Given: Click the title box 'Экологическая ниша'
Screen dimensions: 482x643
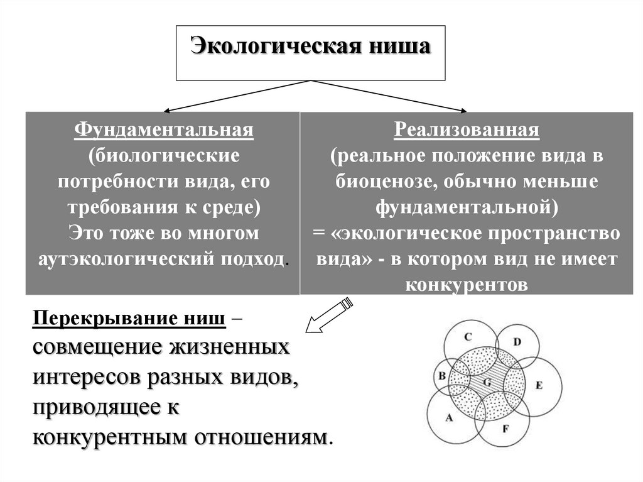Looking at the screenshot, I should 311,53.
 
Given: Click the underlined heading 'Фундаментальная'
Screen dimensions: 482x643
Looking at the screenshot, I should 164,130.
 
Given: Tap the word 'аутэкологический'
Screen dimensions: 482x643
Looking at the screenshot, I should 126,260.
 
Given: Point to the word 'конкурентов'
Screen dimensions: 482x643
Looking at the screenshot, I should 466,285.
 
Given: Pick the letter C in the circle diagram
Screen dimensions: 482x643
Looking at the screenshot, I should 468,337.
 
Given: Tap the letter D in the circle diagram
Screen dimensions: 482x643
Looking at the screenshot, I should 517,342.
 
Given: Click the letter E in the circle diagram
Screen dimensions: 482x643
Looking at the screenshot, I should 538,385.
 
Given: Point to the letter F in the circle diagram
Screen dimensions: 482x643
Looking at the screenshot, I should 505,429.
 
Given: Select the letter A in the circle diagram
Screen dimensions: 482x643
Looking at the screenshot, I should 448,417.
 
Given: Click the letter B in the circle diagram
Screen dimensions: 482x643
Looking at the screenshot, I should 442,376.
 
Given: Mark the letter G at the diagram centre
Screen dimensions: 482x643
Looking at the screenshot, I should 487,381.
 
